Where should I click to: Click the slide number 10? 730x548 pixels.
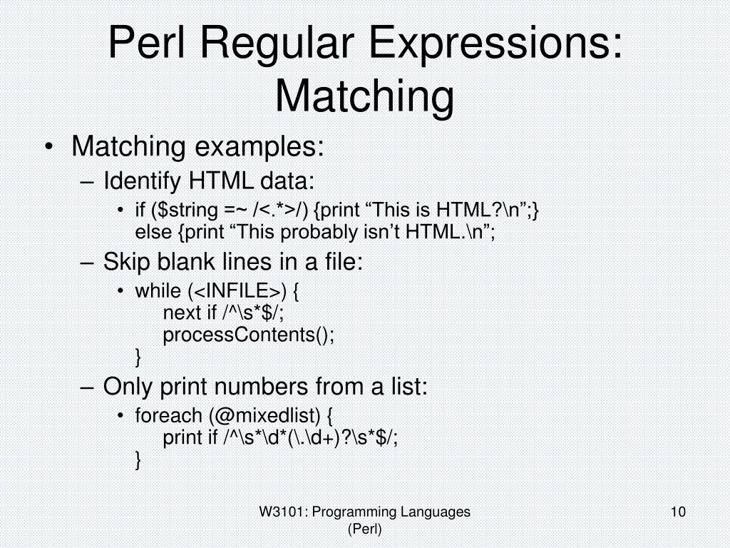point(678,512)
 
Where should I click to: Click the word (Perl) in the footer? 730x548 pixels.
point(364,529)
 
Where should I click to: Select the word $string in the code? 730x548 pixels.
point(192,210)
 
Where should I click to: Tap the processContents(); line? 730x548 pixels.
point(248,334)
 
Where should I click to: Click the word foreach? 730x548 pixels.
point(168,415)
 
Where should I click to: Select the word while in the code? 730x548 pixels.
point(158,292)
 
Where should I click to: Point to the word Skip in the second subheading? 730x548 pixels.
point(125,263)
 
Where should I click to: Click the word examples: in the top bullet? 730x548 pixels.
point(259,148)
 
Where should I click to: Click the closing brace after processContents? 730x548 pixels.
point(138,355)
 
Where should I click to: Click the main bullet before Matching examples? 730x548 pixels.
point(48,148)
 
